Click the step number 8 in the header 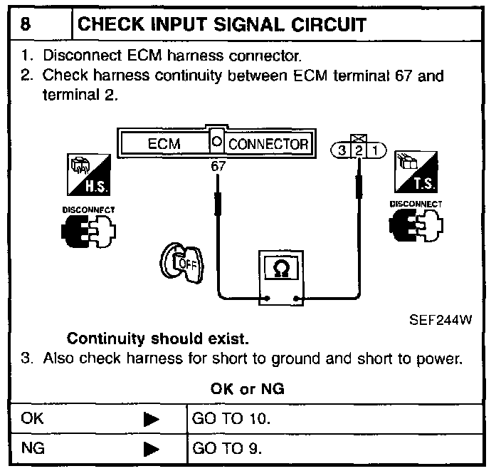point(26,25)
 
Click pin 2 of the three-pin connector point(360,150)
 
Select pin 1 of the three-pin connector point(376,150)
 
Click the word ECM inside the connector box point(164,143)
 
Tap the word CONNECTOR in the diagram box point(268,143)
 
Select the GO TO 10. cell point(231,419)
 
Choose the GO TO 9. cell point(228,449)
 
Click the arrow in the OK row point(151,419)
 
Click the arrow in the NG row point(151,449)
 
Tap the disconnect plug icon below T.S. point(413,228)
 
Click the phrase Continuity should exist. point(157,338)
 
